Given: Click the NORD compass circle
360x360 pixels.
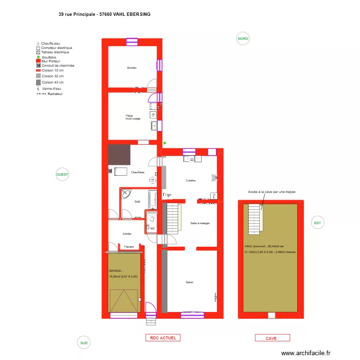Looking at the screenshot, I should [x=243, y=39].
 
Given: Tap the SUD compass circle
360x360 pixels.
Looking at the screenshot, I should [x=84, y=343].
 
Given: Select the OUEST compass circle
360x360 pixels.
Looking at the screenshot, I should [x=62, y=175].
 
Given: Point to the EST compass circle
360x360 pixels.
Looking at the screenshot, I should [x=317, y=223].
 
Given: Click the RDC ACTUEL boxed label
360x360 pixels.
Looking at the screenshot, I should [x=163, y=338].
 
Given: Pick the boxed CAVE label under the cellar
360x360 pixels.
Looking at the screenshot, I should [x=271, y=338].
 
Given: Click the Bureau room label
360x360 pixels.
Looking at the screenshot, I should [x=132, y=68].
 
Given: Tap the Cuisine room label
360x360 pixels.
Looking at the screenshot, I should [x=191, y=180].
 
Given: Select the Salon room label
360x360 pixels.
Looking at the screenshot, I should [x=189, y=282].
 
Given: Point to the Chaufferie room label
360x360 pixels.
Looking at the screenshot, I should [x=138, y=172].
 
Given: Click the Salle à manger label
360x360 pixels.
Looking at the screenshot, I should [x=200, y=223].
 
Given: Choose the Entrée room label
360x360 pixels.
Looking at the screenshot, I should [x=127, y=234].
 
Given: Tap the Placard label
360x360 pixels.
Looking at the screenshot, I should [x=129, y=247].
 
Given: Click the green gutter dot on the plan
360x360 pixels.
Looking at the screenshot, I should [x=165, y=143].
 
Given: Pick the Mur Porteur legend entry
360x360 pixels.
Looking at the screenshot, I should [x=51, y=61].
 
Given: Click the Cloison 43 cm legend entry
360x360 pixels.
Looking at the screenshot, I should [x=52, y=82].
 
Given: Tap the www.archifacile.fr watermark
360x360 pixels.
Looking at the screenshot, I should [x=306, y=353].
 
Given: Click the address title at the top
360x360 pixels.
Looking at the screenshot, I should [x=104, y=14].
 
